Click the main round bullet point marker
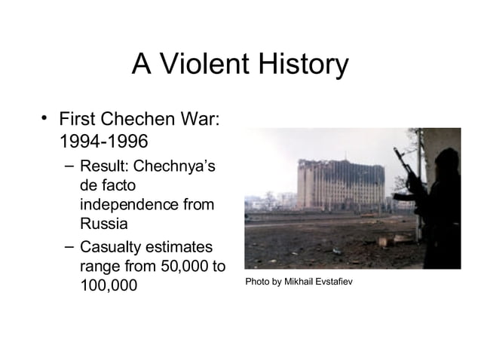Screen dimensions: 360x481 tap(45, 117)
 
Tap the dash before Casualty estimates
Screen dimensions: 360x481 tap(69, 246)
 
